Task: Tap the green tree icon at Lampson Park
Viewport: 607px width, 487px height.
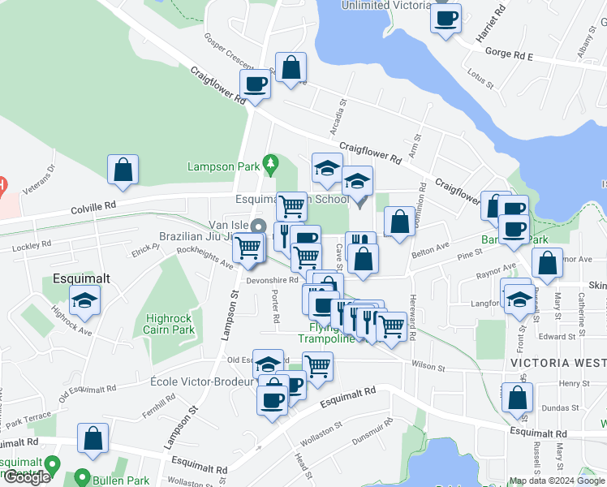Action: (x=270, y=166)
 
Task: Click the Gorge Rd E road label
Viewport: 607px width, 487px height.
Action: (x=506, y=57)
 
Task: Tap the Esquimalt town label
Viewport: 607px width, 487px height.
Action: (x=81, y=277)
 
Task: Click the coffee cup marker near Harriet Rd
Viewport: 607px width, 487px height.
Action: (x=446, y=19)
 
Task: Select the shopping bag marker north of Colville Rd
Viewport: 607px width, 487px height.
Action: (x=123, y=170)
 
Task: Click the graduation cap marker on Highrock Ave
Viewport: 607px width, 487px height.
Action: (x=84, y=301)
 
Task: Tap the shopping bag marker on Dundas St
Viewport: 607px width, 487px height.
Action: (x=517, y=399)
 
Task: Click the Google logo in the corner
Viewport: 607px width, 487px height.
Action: (x=26, y=477)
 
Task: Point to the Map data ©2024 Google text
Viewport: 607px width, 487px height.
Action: (x=557, y=481)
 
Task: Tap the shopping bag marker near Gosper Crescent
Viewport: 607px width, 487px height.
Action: (x=291, y=68)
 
